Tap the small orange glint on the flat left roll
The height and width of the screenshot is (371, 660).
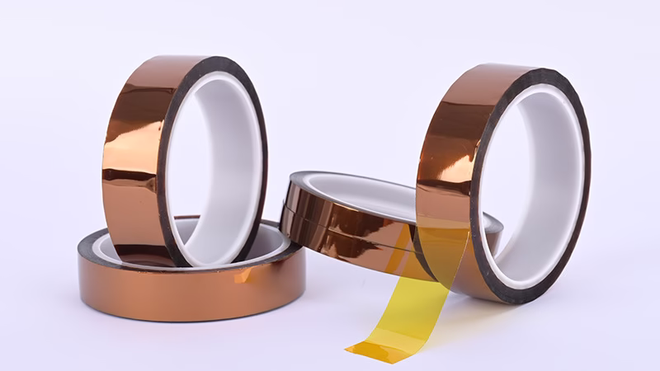pyautogui.click(x=243, y=276)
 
